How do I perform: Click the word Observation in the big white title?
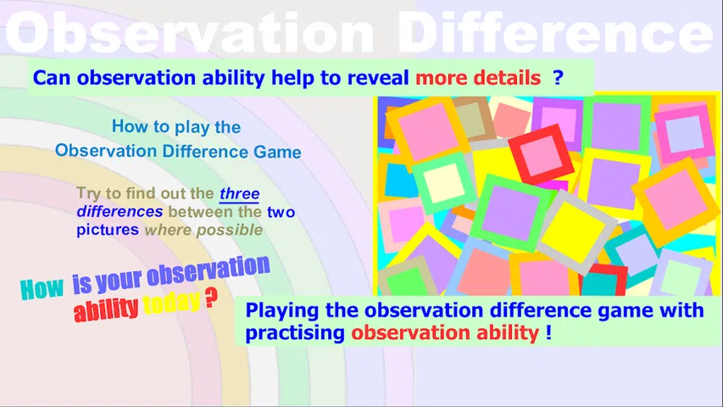(189, 31)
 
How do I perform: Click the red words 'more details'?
(478, 78)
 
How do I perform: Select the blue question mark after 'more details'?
(558, 77)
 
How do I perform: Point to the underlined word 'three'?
(239, 193)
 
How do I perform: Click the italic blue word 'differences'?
(120, 211)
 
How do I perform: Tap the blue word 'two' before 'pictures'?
(281, 212)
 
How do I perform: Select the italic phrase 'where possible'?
(203, 230)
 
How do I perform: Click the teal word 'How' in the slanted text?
(42, 289)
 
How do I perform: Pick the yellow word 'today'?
(171, 304)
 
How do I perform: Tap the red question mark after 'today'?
(211, 298)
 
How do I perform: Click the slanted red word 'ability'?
(106, 309)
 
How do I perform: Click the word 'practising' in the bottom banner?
(295, 332)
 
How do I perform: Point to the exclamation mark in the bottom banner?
(548, 332)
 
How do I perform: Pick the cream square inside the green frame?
(443, 182)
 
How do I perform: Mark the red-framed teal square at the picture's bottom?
(603, 282)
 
